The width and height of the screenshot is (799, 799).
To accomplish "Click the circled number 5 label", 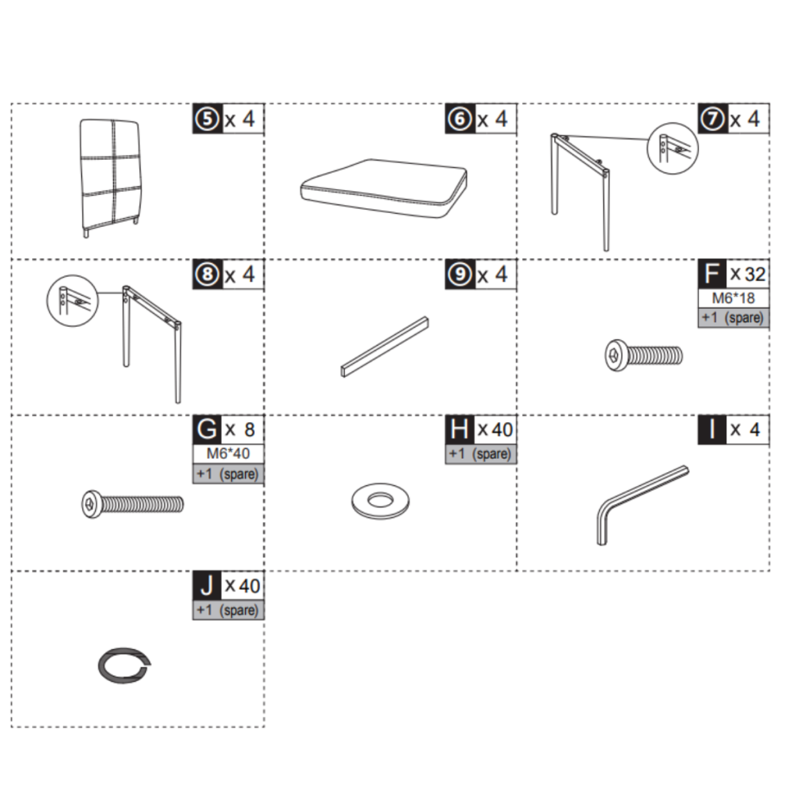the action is [208, 119].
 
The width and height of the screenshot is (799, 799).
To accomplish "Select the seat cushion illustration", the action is [383, 189].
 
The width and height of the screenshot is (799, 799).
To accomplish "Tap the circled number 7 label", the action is [712, 119].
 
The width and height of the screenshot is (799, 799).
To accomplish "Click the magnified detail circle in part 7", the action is [672, 148].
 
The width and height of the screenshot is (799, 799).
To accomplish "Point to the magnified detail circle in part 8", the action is [73, 301].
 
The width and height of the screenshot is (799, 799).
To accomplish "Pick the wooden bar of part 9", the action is [385, 347].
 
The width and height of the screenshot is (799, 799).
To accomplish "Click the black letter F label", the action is [712, 274].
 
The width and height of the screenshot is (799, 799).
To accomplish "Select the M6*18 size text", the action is [733, 298].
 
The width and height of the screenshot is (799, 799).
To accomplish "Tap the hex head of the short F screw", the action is [616, 355].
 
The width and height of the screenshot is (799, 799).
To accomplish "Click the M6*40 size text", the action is [228, 453].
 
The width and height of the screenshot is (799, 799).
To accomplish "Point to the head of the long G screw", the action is [92, 505].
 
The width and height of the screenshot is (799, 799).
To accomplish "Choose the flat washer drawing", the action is [380, 501].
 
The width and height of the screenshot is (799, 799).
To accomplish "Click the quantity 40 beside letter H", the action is [502, 430].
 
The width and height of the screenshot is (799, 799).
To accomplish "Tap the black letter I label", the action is [712, 430].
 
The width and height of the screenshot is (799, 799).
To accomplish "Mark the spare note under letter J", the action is [228, 610].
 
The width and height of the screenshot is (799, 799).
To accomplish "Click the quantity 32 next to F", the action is [755, 274].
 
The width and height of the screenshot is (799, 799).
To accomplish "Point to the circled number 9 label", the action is [460, 274].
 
